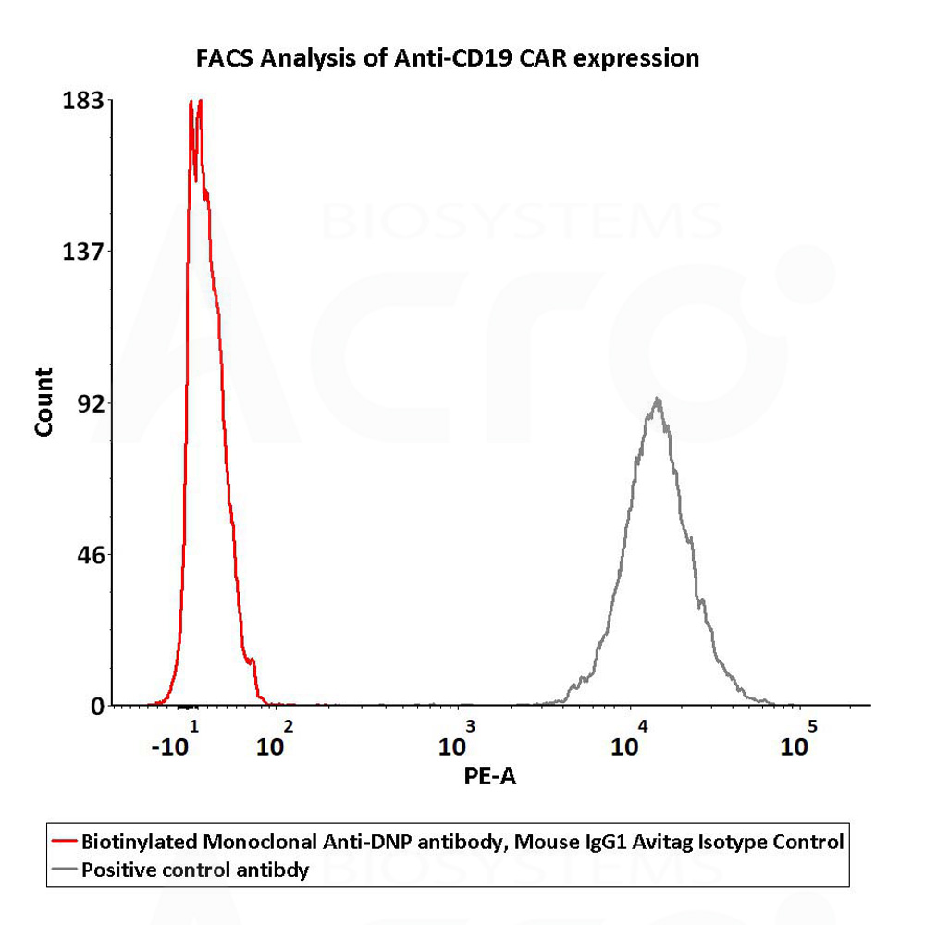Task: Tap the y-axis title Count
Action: tap(43, 402)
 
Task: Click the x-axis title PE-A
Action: tap(490, 777)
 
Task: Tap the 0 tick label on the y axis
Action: tap(97, 706)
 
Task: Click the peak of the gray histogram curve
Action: tap(658, 400)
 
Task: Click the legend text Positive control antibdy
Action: tap(195, 869)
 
